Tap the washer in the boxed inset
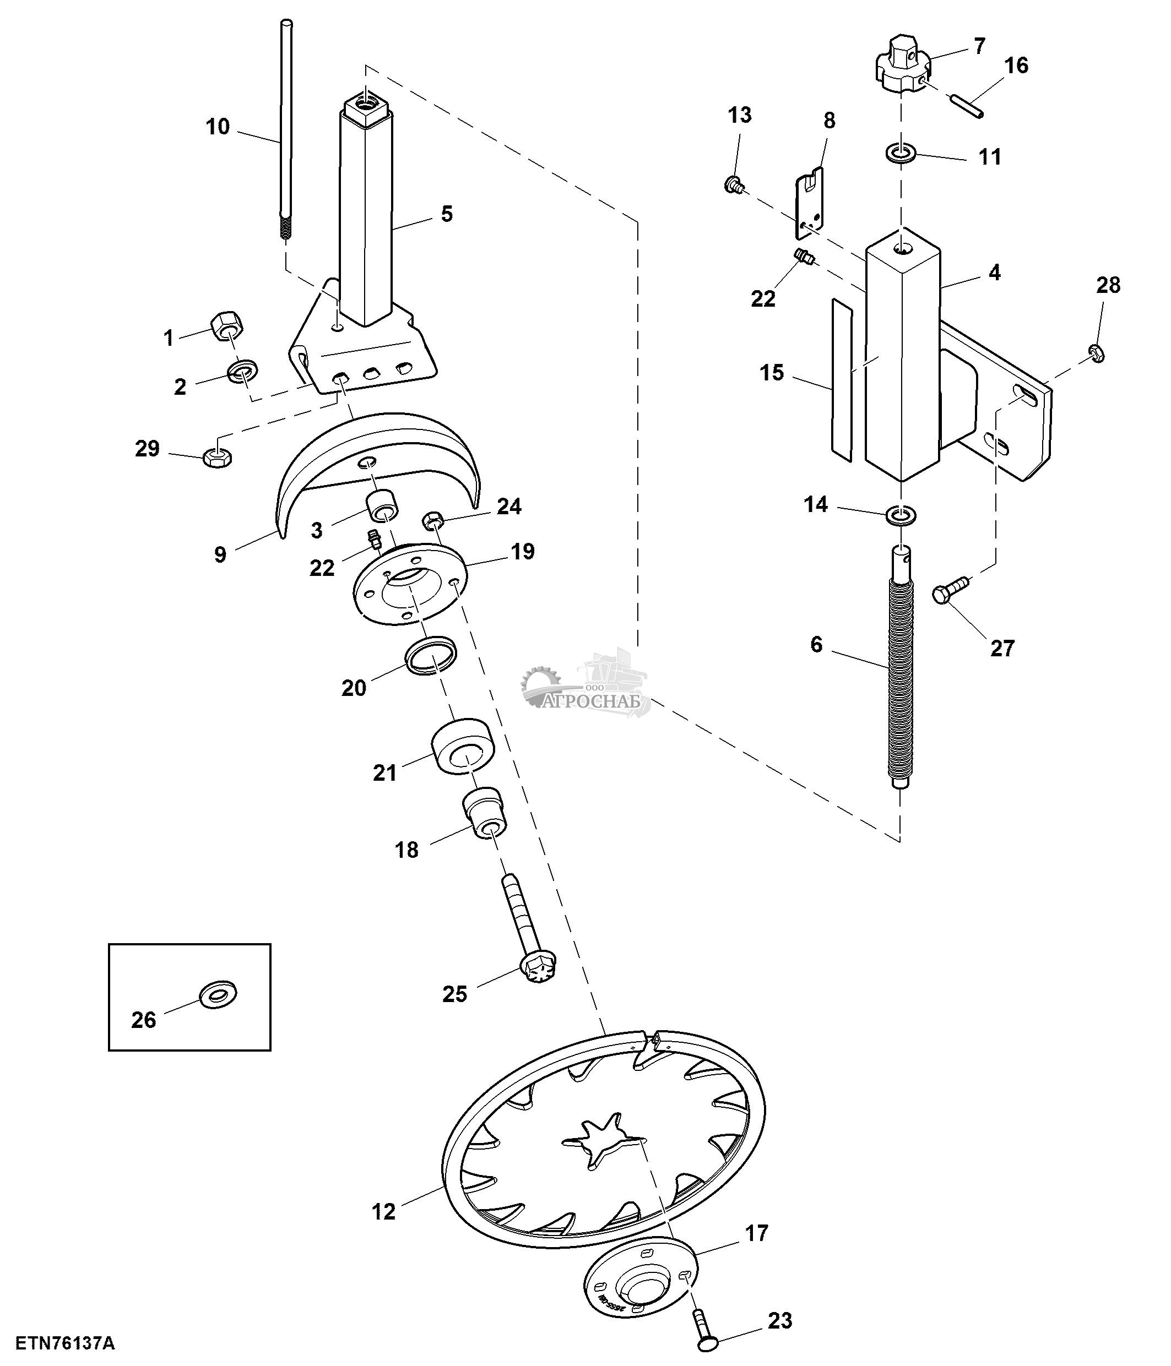click(218, 994)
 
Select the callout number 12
click(384, 1212)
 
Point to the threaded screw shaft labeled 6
click(901, 679)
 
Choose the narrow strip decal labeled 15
click(841, 379)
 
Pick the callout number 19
click(522, 552)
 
